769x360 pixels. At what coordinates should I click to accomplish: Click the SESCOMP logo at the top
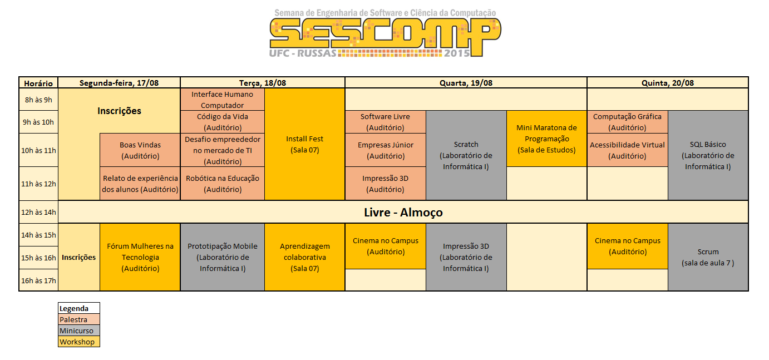click(385, 33)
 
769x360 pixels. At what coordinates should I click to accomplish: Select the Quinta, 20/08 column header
click(668, 83)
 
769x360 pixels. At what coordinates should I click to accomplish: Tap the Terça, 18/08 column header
click(263, 83)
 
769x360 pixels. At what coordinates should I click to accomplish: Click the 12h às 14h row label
click(38, 212)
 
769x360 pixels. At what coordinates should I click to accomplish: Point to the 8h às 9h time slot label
click(38, 100)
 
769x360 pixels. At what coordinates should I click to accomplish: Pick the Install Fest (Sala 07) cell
click(305, 144)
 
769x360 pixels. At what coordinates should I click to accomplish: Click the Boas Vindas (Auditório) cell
click(140, 150)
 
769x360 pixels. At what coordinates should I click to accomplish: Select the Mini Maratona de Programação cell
click(546, 139)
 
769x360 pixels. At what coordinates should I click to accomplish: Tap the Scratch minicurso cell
click(466, 155)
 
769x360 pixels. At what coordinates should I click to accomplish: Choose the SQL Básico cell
click(708, 155)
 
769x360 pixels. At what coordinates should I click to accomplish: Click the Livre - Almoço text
click(403, 213)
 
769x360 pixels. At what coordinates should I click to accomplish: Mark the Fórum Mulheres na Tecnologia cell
click(140, 257)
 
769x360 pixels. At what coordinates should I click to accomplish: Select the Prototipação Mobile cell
click(223, 257)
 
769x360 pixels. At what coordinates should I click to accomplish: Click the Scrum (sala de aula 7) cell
click(708, 257)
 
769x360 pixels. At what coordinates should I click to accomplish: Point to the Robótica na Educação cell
click(223, 184)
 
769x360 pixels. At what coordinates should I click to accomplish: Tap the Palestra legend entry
click(79, 319)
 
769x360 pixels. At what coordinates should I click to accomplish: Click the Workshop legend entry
click(79, 342)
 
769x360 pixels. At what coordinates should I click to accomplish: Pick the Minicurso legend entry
click(79, 331)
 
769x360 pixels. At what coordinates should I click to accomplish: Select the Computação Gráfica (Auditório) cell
click(627, 122)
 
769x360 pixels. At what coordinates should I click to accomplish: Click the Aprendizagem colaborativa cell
click(305, 257)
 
